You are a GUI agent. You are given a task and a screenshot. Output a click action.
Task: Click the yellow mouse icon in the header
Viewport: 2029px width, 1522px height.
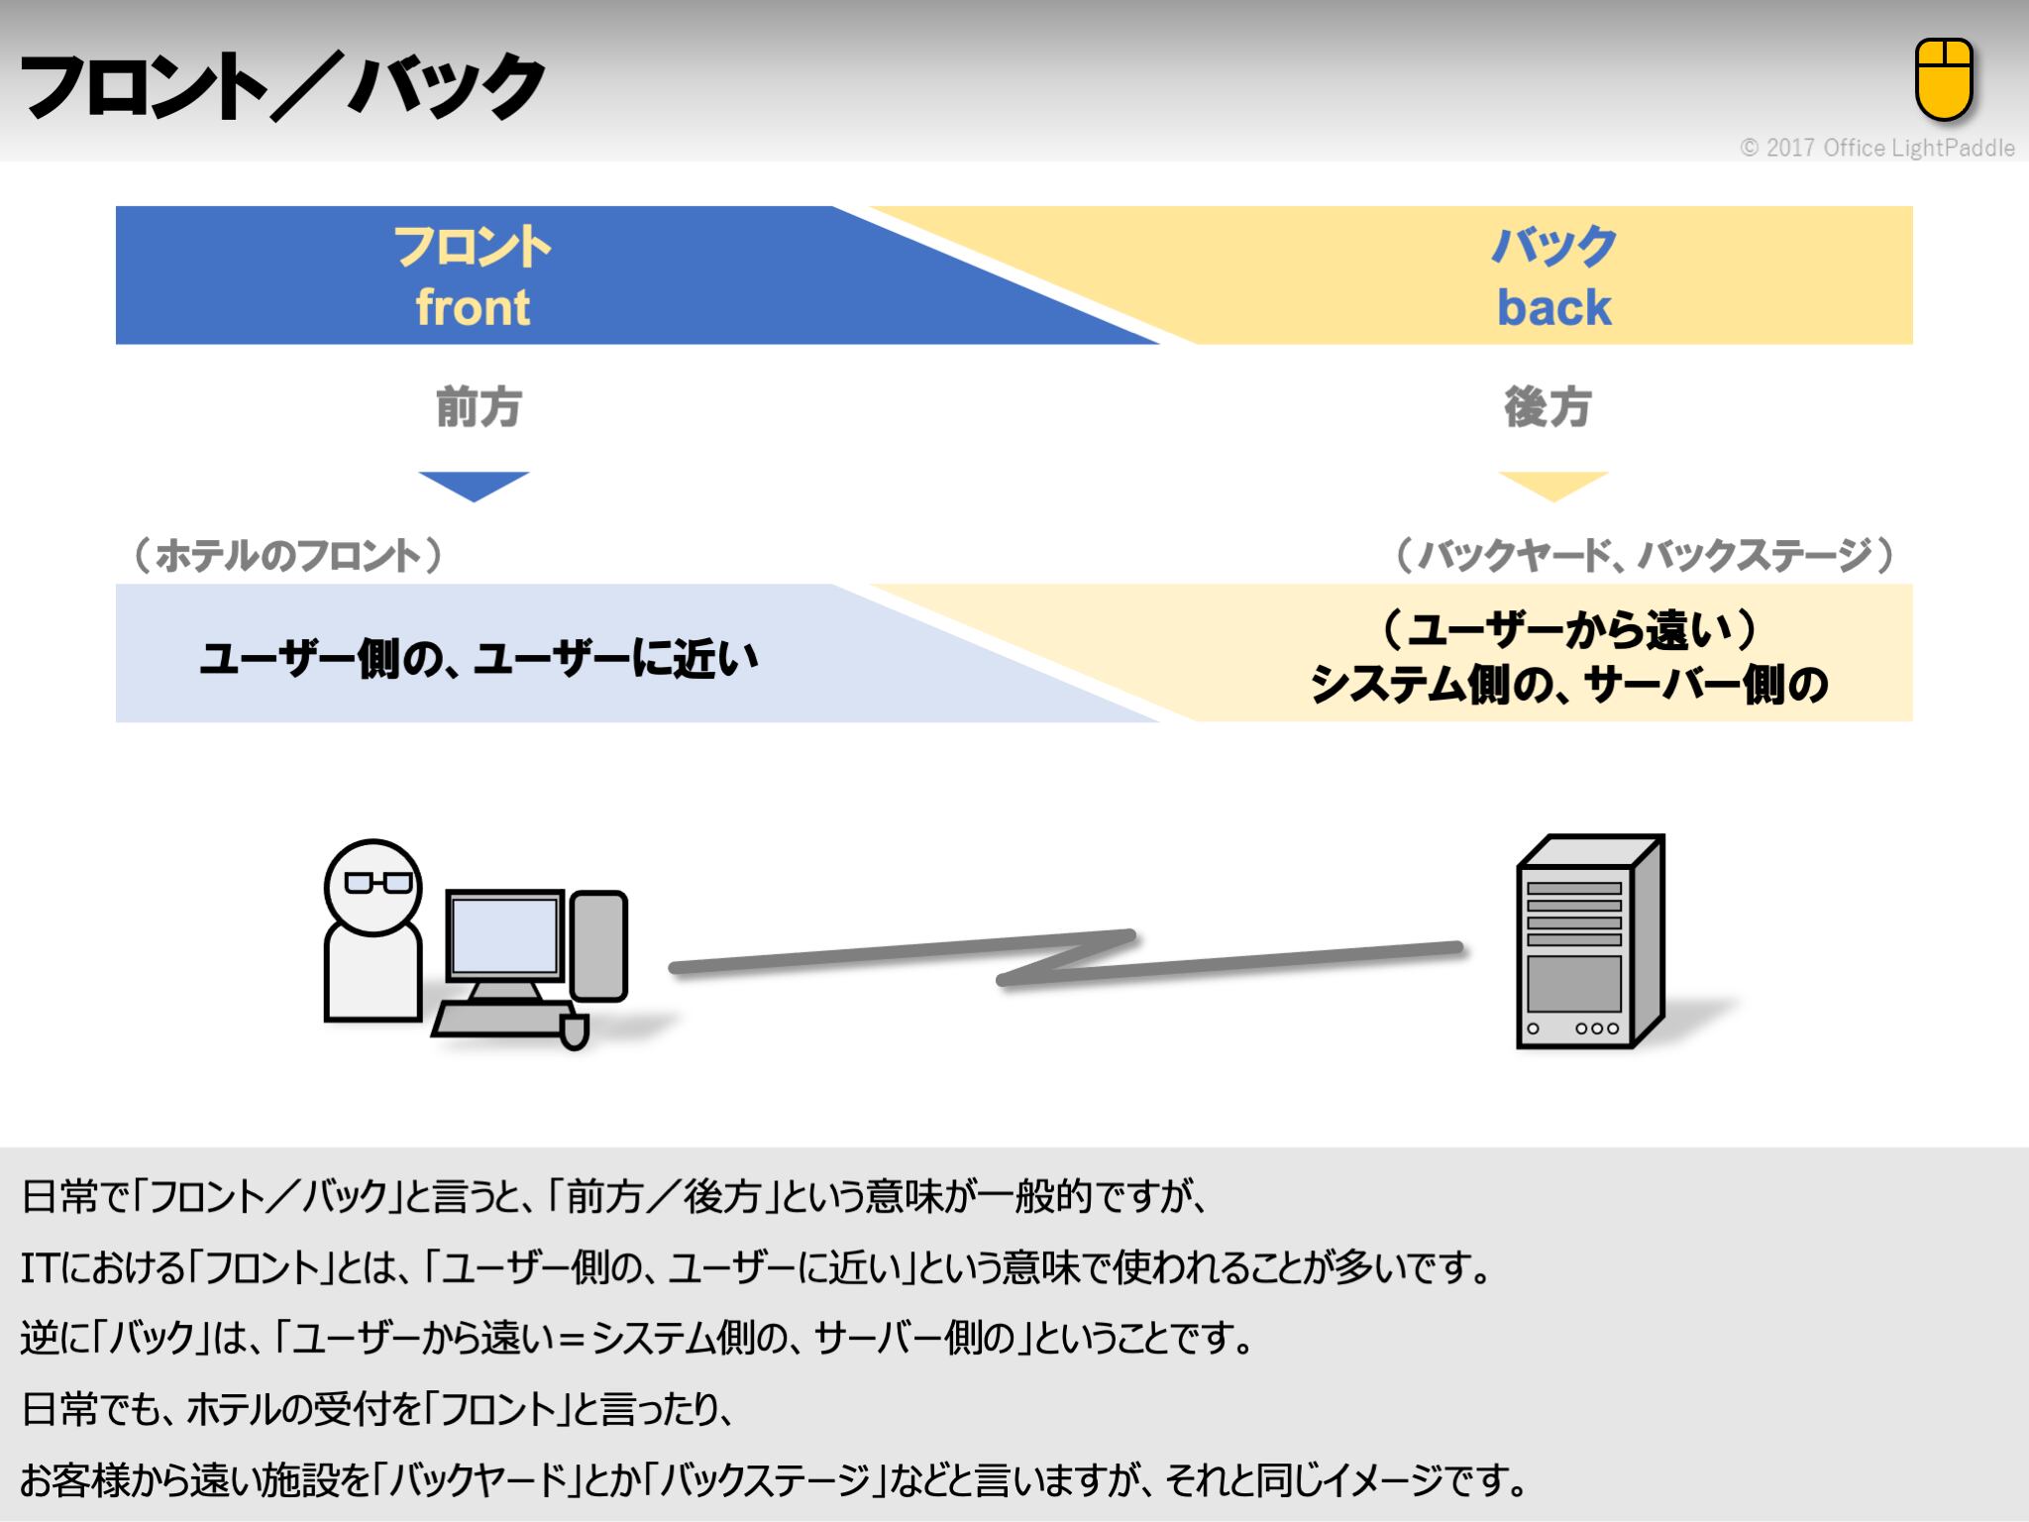(1944, 79)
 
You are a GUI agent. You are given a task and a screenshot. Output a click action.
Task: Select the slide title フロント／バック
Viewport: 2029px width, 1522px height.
(282, 86)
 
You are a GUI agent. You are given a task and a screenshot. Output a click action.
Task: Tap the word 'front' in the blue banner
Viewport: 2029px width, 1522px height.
(473, 307)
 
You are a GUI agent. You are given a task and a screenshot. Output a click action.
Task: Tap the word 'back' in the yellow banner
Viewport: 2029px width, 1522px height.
(1553, 307)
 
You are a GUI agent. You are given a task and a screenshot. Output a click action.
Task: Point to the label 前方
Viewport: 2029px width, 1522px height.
(479, 407)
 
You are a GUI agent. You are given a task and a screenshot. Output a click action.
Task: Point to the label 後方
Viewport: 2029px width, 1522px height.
(1548, 407)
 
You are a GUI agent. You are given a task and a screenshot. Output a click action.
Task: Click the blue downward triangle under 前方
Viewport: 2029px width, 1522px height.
(474, 485)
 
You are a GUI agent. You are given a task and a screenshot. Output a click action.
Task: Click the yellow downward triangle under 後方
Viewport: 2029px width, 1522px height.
(1552, 485)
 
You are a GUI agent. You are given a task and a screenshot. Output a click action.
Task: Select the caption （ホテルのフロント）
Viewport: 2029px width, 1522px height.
(287, 555)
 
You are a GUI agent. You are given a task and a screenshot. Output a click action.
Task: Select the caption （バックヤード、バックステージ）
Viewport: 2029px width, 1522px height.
(1645, 555)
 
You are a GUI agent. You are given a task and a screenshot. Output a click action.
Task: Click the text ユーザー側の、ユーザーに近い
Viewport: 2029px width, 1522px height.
(480, 658)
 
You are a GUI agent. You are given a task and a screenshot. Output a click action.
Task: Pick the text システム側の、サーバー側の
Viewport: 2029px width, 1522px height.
(1568, 684)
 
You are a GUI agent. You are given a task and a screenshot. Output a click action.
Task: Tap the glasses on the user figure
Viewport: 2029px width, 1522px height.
(377, 882)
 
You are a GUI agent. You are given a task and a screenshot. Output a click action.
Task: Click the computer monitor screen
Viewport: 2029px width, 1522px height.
(504, 934)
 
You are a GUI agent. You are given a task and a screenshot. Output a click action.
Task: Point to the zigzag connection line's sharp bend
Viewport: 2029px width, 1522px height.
(1129, 935)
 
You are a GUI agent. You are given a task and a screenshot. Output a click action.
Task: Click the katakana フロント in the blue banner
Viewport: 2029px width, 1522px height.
(473, 247)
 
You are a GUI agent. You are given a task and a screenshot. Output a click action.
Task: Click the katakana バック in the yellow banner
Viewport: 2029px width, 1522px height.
(1553, 247)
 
